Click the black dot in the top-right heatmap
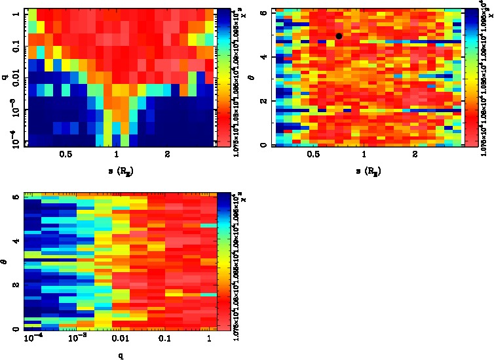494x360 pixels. point(339,36)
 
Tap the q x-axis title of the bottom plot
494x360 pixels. point(121,356)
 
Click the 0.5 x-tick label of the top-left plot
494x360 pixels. point(66,155)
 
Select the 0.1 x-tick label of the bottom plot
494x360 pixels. point(164,340)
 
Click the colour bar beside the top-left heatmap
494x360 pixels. point(223,77)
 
